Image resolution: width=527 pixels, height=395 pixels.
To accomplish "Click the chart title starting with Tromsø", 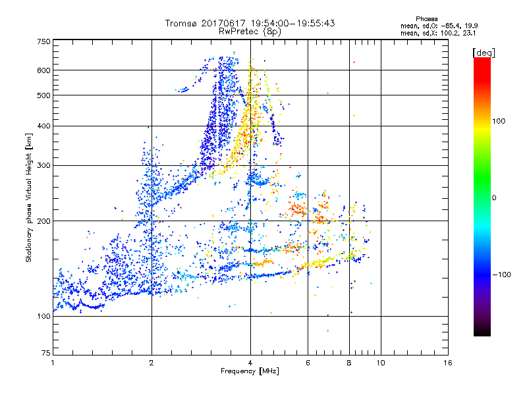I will click(250, 23).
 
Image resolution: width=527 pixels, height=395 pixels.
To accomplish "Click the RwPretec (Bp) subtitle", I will click(250, 31).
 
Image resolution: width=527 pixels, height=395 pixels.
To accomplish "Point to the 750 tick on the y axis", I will click(43, 41).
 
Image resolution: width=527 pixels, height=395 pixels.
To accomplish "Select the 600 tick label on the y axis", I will click(43, 70).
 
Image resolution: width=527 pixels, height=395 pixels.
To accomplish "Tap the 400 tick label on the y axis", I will click(43, 126).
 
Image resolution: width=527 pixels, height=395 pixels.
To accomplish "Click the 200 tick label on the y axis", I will click(43, 221).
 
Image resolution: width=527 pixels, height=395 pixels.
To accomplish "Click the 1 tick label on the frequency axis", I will click(53, 363).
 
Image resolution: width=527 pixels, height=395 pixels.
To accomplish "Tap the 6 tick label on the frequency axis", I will click(308, 363).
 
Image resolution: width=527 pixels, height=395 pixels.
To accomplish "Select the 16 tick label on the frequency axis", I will click(448, 363).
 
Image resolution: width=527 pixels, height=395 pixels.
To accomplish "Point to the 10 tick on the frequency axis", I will click(381, 363).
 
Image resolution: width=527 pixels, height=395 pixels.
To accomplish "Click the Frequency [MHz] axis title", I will click(250, 371).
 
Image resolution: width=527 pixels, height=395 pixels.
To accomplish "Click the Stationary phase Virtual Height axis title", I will click(29, 197).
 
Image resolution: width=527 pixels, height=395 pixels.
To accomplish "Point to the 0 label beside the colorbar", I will click(494, 197).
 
